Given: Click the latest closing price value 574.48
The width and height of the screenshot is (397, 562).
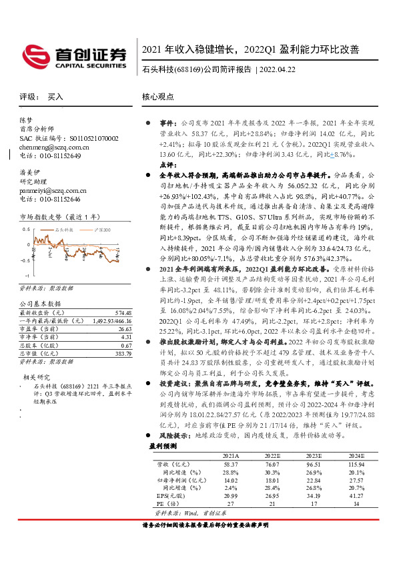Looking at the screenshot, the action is [123, 312].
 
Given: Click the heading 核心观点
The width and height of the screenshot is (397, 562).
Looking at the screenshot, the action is [158, 97].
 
